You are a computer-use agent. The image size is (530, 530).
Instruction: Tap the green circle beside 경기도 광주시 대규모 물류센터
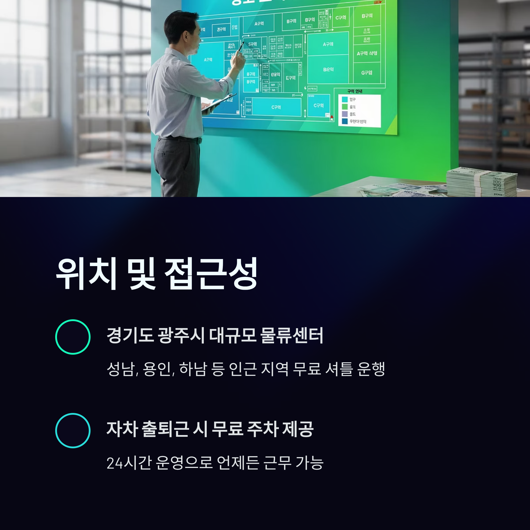(73, 337)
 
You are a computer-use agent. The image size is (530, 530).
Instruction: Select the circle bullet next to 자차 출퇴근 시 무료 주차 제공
(73, 430)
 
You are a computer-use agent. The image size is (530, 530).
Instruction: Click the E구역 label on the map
(291, 78)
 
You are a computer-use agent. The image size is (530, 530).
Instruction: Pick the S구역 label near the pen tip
(252, 44)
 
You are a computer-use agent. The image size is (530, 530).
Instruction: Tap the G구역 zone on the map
(367, 73)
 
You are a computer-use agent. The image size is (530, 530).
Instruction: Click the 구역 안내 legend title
(355, 91)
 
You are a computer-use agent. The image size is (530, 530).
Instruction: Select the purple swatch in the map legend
(345, 114)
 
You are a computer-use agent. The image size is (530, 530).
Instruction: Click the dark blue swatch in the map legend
(345, 121)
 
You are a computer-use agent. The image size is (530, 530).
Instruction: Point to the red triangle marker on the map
(332, 117)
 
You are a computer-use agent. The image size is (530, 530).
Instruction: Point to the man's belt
(180, 139)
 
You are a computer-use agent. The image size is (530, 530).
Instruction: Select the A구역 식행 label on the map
(367, 53)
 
